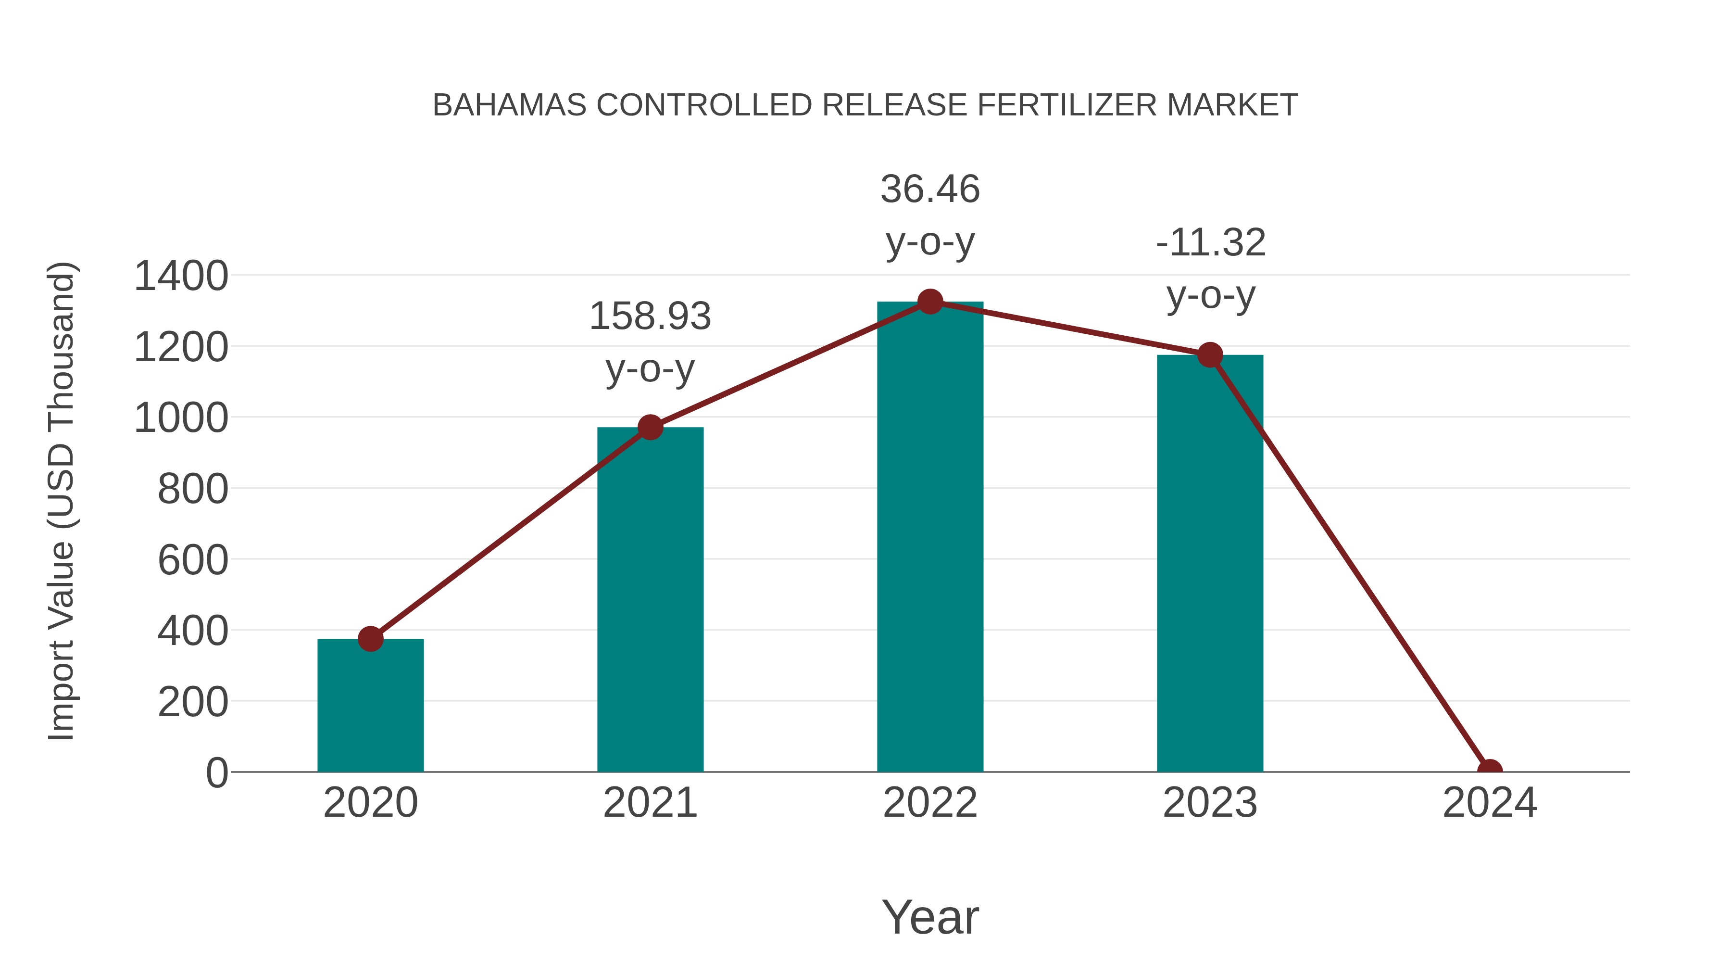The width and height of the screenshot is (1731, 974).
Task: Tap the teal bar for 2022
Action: click(930, 538)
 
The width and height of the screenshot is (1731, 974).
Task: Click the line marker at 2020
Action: click(370, 639)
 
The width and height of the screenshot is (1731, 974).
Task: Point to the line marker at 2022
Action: click(930, 302)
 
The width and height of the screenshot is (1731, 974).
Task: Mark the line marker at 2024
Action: click(1490, 771)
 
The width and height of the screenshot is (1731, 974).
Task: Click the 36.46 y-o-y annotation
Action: click(930, 215)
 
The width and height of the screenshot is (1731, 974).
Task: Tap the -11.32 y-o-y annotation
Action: click(1210, 268)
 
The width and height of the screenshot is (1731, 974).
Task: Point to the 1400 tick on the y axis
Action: click(181, 276)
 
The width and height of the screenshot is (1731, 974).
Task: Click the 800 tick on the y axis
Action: click(193, 489)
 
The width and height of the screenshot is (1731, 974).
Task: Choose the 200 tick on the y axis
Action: click(193, 702)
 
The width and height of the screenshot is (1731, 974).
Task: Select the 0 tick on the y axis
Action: click(217, 773)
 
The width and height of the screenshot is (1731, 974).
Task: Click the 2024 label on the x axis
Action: click(1490, 803)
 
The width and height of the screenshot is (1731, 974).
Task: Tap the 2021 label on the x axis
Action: click(650, 803)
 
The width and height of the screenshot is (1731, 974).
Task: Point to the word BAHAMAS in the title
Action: click(510, 105)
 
